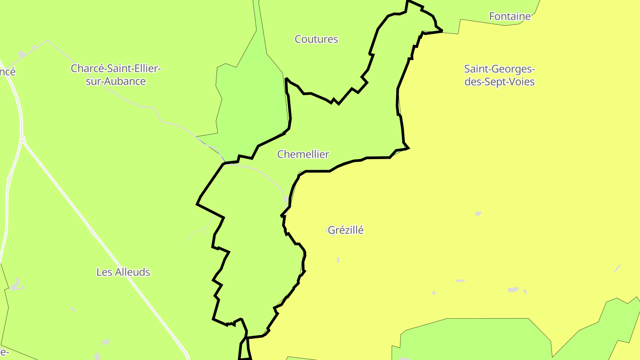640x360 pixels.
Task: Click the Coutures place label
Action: click(x=316, y=39)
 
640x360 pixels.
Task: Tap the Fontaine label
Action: click(x=510, y=16)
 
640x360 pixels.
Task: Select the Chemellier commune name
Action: click(x=303, y=154)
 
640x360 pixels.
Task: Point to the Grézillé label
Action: click(x=346, y=230)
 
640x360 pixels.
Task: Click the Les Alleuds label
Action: click(x=123, y=272)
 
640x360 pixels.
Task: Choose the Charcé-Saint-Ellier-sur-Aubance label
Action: click(x=116, y=75)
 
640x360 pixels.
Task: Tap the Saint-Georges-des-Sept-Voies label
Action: click(x=500, y=75)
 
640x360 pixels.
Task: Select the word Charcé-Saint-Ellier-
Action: click(x=116, y=68)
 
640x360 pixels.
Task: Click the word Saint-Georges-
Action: click(x=500, y=69)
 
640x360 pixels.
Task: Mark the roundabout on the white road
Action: click(x=22, y=140)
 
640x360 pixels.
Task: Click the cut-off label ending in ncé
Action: click(x=8, y=71)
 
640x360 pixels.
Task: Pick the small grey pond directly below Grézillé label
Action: click(x=338, y=260)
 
